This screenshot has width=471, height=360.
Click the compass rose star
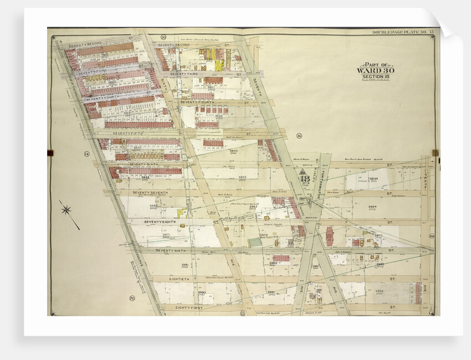[x=68, y=210]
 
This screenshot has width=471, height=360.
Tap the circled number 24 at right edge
[x=431, y=236]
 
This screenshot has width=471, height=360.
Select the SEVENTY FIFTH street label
[x=129, y=133]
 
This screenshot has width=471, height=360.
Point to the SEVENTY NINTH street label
[x=172, y=250]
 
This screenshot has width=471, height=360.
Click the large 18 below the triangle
[x=304, y=179]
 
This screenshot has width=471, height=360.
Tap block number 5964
[x=372, y=207]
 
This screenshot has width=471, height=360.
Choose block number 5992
[x=379, y=291]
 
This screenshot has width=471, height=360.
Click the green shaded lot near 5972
[x=254, y=243]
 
